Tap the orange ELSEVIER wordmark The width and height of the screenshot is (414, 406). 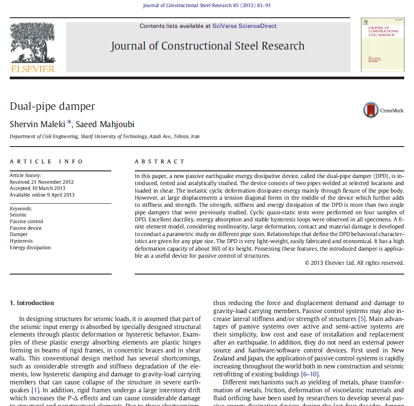(x=33, y=69)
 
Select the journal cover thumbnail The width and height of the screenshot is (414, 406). (x=383, y=45)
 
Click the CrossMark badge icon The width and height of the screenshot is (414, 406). (x=371, y=110)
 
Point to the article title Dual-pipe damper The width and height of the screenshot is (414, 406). (x=52, y=106)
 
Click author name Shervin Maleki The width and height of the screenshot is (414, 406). (x=37, y=124)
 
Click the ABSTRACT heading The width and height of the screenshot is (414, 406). (x=160, y=162)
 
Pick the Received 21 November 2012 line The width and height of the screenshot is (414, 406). (x=42, y=182)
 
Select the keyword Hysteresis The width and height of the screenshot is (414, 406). (x=21, y=241)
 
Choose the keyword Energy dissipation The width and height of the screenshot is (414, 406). (x=30, y=247)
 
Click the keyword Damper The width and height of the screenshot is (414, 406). (x=19, y=234)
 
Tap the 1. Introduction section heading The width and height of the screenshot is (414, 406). (x=32, y=303)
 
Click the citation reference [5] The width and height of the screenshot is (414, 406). (x=362, y=319)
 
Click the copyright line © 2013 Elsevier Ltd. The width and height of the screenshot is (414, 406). (x=354, y=263)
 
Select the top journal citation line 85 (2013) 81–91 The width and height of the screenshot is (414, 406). (x=207, y=5)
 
